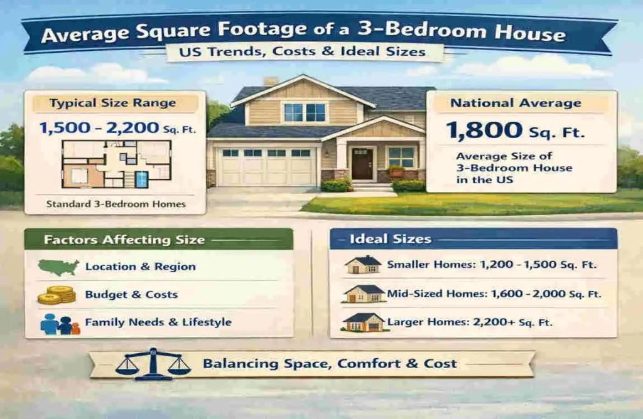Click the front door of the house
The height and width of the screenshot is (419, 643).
point(362,164)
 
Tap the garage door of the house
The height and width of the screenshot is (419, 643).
point(266,166)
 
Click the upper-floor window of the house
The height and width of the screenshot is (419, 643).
point(305,112)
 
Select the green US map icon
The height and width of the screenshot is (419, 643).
point(58,267)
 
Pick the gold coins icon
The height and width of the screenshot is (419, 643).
point(57,295)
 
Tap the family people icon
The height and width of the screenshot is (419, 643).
point(60,324)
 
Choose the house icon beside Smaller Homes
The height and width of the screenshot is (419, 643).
point(363,265)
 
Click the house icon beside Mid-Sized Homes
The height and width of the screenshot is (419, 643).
point(364,294)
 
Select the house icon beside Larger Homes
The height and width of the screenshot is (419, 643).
point(363,322)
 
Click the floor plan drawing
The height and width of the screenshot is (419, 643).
point(116,164)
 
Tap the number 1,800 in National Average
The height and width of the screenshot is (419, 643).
point(484,130)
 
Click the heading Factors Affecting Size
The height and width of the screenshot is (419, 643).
point(124,240)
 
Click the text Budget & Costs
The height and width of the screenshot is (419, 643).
point(131,295)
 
